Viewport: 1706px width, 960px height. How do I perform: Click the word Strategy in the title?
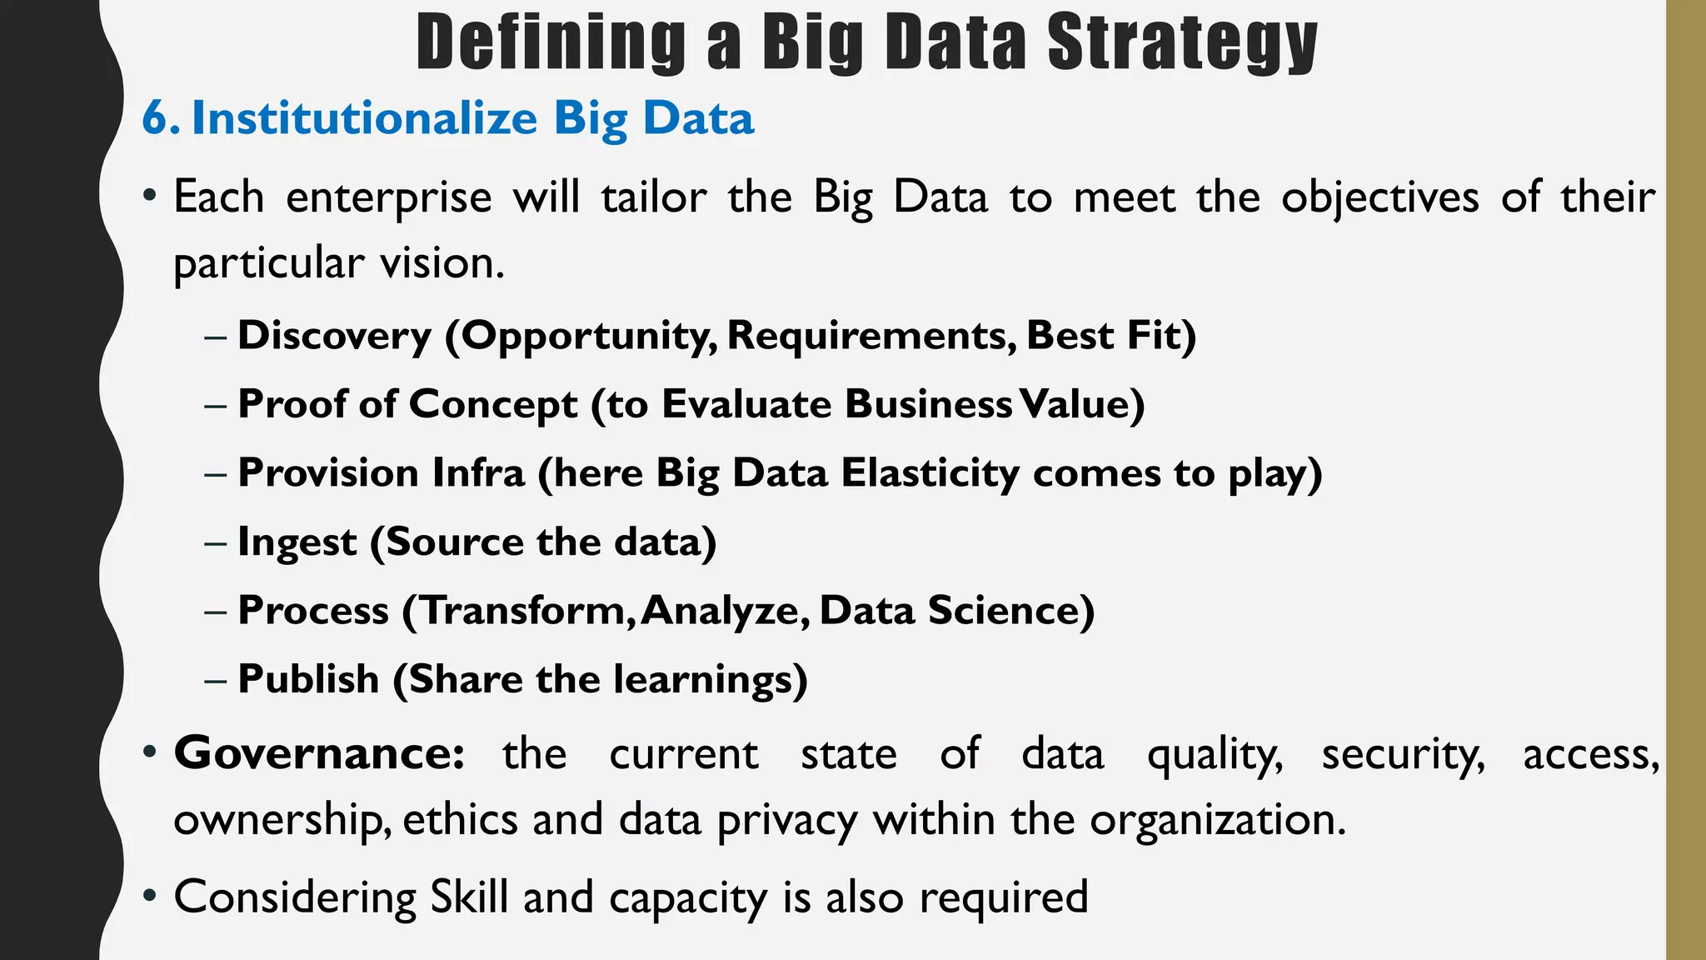point(1182,43)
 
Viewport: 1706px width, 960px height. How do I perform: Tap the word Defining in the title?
point(551,43)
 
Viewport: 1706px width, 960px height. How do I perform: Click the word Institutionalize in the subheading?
point(365,118)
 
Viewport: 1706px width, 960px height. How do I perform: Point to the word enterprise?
point(389,198)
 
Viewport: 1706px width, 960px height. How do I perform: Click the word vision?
point(441,263)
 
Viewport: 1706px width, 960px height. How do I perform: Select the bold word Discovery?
point(334,335)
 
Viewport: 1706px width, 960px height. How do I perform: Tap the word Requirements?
point(871,335)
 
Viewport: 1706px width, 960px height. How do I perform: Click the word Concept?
point(493,404)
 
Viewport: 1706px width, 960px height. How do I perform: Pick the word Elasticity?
point(930,472)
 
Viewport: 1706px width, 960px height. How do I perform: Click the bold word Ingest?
point(297,542)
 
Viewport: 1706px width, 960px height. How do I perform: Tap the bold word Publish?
point(308,678)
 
